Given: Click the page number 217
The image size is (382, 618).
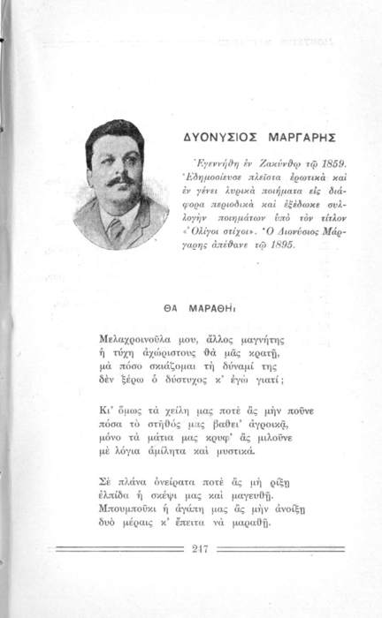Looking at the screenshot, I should coord(200,548).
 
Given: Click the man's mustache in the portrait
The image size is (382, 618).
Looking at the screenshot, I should coord(121,181).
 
